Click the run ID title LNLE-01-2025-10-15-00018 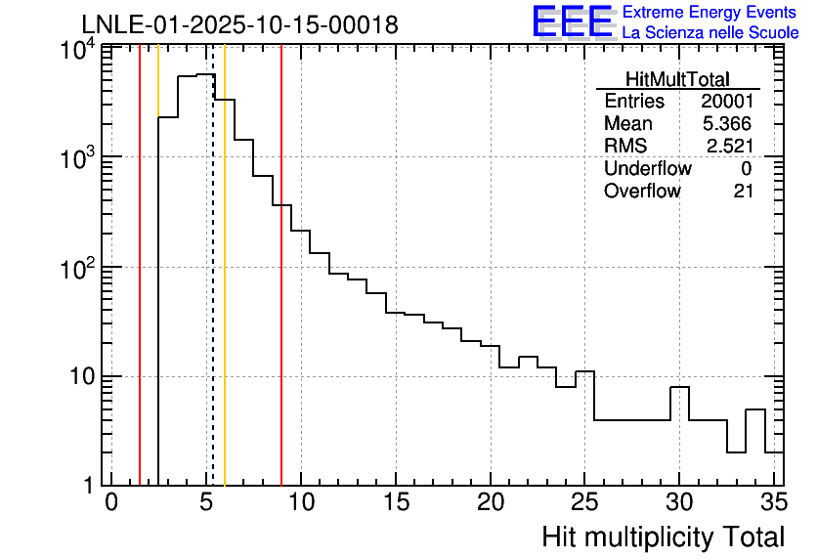coord(239,25)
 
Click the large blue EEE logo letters coord(573,21)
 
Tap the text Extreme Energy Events coord(709,13)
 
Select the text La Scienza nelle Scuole coord(710,33)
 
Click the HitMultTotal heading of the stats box coord(677,80)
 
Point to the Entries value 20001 coord(726,102)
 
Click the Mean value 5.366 coord(728,124)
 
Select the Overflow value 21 coord(743,192)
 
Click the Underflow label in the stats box coord(647,169)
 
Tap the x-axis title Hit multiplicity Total coord(663,537)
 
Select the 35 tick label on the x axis coord(773,502)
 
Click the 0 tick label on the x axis coord(111,502)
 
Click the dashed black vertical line coord(213,293)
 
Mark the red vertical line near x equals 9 coord(281,293)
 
